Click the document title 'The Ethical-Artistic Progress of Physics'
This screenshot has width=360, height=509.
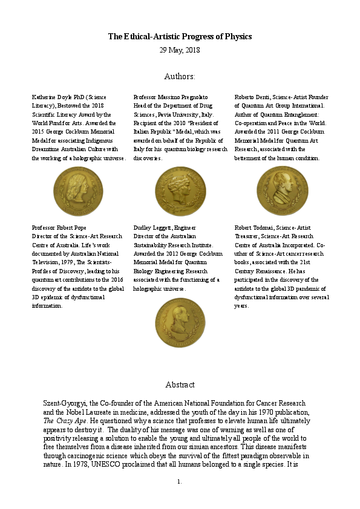180,37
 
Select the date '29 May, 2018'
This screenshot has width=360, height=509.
180,50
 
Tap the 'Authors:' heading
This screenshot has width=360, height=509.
180,77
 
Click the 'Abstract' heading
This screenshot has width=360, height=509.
180,384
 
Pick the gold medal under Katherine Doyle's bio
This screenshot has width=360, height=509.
78,191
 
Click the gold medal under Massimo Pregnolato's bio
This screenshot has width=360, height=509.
180,191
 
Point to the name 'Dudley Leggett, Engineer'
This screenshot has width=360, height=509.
165,228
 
